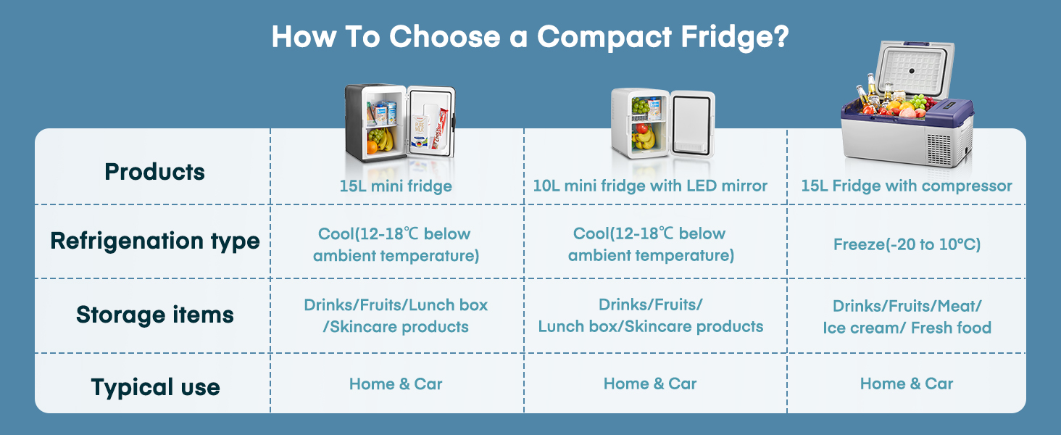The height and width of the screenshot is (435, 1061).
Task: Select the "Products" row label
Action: coord(154,173)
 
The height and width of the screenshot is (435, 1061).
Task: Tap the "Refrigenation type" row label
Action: coord(154,241)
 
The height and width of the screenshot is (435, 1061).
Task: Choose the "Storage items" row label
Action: coord(154,315)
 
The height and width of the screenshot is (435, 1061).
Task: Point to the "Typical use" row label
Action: coord(154,387)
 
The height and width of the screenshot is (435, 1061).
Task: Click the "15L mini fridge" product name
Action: coord(396,186)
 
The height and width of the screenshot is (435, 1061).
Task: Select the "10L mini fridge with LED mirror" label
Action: coord(650,186)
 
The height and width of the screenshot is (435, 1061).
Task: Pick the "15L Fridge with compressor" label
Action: coord(907,186)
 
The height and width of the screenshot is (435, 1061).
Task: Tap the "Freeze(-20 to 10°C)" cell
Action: coord(907,245)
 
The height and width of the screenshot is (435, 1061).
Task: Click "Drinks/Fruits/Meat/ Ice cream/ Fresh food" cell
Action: coord(907,318)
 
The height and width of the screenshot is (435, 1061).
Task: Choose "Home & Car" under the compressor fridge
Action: coord(907,384)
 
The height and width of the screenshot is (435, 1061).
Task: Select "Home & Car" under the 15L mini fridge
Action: coord(396,384)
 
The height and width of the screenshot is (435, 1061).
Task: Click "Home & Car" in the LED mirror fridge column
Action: coord(650,384)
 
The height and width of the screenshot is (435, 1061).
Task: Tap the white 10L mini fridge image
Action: coord(661,121)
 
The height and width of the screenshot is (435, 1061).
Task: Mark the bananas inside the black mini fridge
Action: coord(382,138)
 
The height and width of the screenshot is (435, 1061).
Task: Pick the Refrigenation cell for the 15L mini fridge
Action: coord(396,245)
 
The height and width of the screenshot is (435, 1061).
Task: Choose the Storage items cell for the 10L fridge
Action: coord(650,316)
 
